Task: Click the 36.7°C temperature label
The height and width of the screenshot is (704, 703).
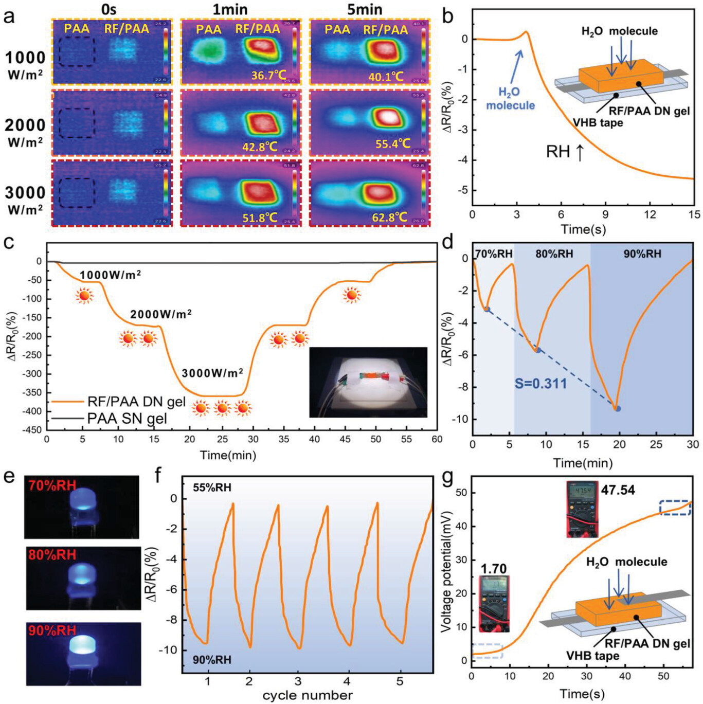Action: (x=268, y=75)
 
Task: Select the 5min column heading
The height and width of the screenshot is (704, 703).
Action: (x=364, y=9)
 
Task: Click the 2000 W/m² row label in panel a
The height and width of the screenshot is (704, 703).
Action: (x=25, y=132)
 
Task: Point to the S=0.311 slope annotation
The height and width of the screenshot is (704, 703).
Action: (x=540, y=383)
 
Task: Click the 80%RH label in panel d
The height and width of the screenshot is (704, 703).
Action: (x=554, y=254)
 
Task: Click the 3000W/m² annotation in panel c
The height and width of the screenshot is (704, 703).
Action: (x=212, y=372)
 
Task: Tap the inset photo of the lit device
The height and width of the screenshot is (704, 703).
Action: (x=368, y=382)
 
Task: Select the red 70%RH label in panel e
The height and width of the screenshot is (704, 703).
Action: (x=52, y=484)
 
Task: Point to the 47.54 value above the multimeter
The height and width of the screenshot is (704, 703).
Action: (x=618, y=490)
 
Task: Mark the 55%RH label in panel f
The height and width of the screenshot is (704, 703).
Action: (x=212, y=487)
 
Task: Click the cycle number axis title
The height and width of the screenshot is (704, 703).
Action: (x=307, y=695)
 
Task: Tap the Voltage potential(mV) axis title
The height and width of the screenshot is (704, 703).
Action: (x=446, y=571)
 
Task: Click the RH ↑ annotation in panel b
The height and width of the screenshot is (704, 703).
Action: (x=565, y=152)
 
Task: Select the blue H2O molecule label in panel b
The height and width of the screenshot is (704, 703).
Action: (x=510, y=99)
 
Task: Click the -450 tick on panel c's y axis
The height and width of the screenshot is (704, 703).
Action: (x=32, y=430)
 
